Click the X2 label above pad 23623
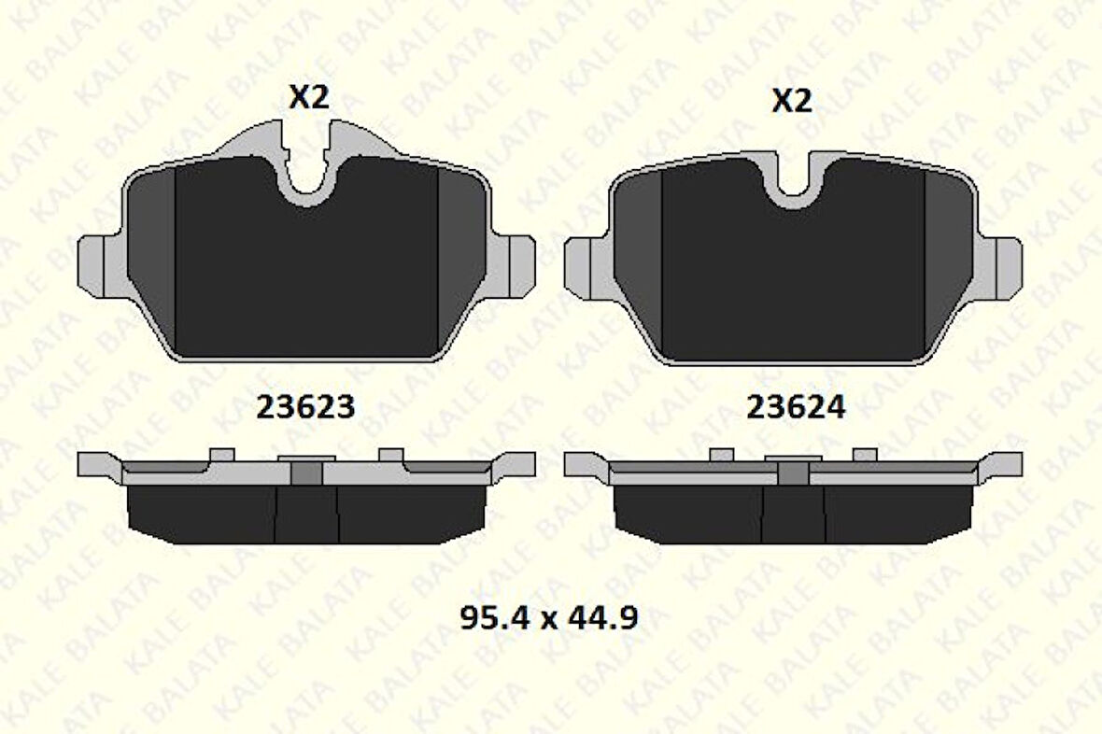(308, 96)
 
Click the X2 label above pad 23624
(792, 100)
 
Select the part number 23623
(304, 407)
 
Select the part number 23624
(796, 407)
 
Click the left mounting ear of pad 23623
(99, 266)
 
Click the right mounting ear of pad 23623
(516, 266)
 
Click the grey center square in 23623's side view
(306, 473)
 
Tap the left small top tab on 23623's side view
(221, 455)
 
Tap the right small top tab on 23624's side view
(866, 455)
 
